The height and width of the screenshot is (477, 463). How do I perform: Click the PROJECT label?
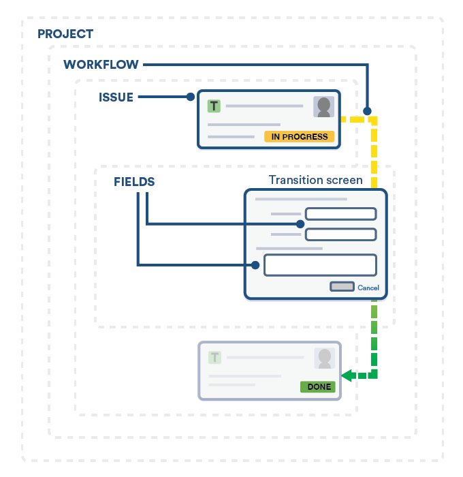65,34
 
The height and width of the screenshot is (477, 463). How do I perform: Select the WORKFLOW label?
101,65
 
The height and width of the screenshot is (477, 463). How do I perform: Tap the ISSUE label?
116,97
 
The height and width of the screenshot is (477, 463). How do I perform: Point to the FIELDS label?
134,182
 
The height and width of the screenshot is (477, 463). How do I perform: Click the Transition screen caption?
315,180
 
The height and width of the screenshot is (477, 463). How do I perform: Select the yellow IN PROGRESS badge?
300,136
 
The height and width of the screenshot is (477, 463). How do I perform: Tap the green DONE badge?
319,386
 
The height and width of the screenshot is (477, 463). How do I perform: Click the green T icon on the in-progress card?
214,106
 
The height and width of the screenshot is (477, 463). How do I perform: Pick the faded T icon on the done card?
215,357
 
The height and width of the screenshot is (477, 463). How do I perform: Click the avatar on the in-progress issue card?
323,107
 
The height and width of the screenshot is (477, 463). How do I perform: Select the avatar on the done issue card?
325,358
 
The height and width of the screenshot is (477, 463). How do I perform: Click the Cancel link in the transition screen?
368,288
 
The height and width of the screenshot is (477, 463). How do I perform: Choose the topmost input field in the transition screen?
340,214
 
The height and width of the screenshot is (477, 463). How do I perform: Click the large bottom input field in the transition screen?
320,265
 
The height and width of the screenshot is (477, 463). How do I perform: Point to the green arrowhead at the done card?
347,375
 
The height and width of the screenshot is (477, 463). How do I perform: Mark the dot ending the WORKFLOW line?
367,110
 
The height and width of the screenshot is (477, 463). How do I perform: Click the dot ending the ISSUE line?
191,97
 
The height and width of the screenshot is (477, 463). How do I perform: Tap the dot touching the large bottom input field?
256,265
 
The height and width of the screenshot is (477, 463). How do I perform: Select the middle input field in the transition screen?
340,234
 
